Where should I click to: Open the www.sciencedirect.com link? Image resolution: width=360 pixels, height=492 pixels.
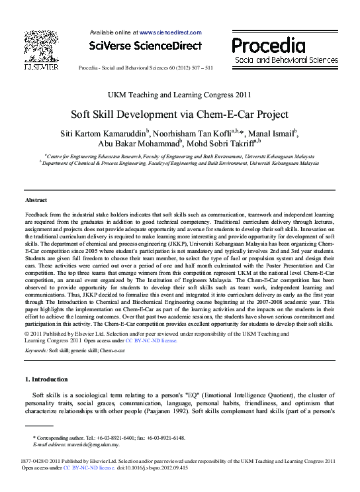click(169, 31)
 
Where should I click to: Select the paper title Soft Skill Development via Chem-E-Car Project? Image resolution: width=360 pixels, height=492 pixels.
click(179, 113)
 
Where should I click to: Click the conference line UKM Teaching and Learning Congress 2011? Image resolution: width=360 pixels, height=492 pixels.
click(179, 95)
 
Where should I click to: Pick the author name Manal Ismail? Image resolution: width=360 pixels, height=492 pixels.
click(267, 133)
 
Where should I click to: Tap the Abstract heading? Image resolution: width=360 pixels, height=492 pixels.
click(36, 199)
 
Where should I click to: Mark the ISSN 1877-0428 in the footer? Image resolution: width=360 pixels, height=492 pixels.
click(34, 460)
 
